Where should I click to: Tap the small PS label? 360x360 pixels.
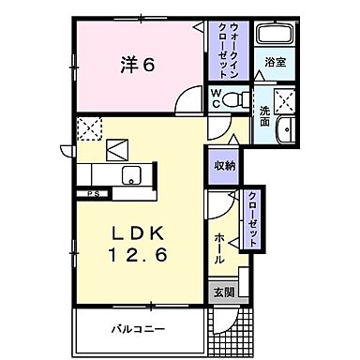pyautogui.click(x=94, y=194)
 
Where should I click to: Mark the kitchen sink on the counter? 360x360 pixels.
pyautogui.click(x=130, y=172)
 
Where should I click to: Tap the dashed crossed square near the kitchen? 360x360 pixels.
pyautogui.click(x=89, y=128)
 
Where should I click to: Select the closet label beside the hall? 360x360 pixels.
pyautogui.click(x=253, y=218)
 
